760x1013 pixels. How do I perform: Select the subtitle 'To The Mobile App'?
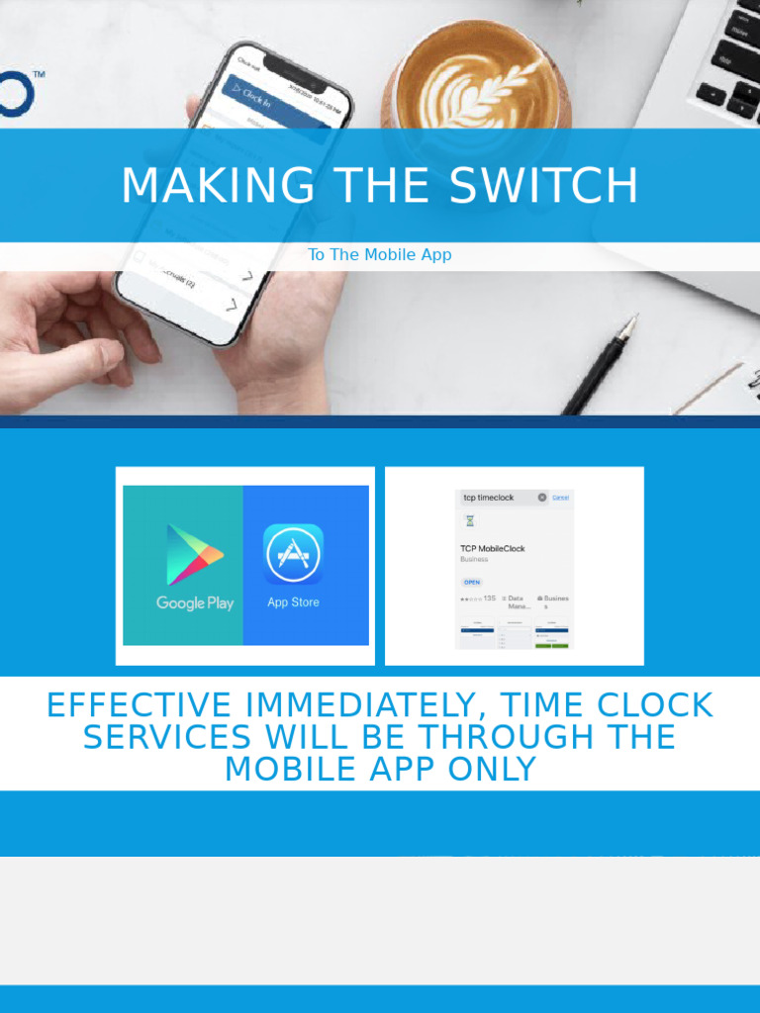(x=380, y=254)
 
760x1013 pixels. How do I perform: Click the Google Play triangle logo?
(x=194, y=555)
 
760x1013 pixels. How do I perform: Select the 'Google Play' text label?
(x=195, y=602)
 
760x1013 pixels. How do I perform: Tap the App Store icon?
(x=293, y=554)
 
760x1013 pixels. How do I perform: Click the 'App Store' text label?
(x=293, y=601)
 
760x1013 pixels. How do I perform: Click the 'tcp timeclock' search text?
(x=489, y=498)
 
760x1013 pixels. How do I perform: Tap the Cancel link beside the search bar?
(x=561, y=498)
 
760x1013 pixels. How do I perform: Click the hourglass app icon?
(x=470, y=520)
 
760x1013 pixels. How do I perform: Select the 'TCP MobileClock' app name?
(x=493, y=548)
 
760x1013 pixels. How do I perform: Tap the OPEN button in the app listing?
(x=472, y=582)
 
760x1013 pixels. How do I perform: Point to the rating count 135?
(x=490, y=599)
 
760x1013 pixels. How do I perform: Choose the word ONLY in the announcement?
(x=491, y=769)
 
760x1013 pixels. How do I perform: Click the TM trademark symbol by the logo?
(x=39, y=74)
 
